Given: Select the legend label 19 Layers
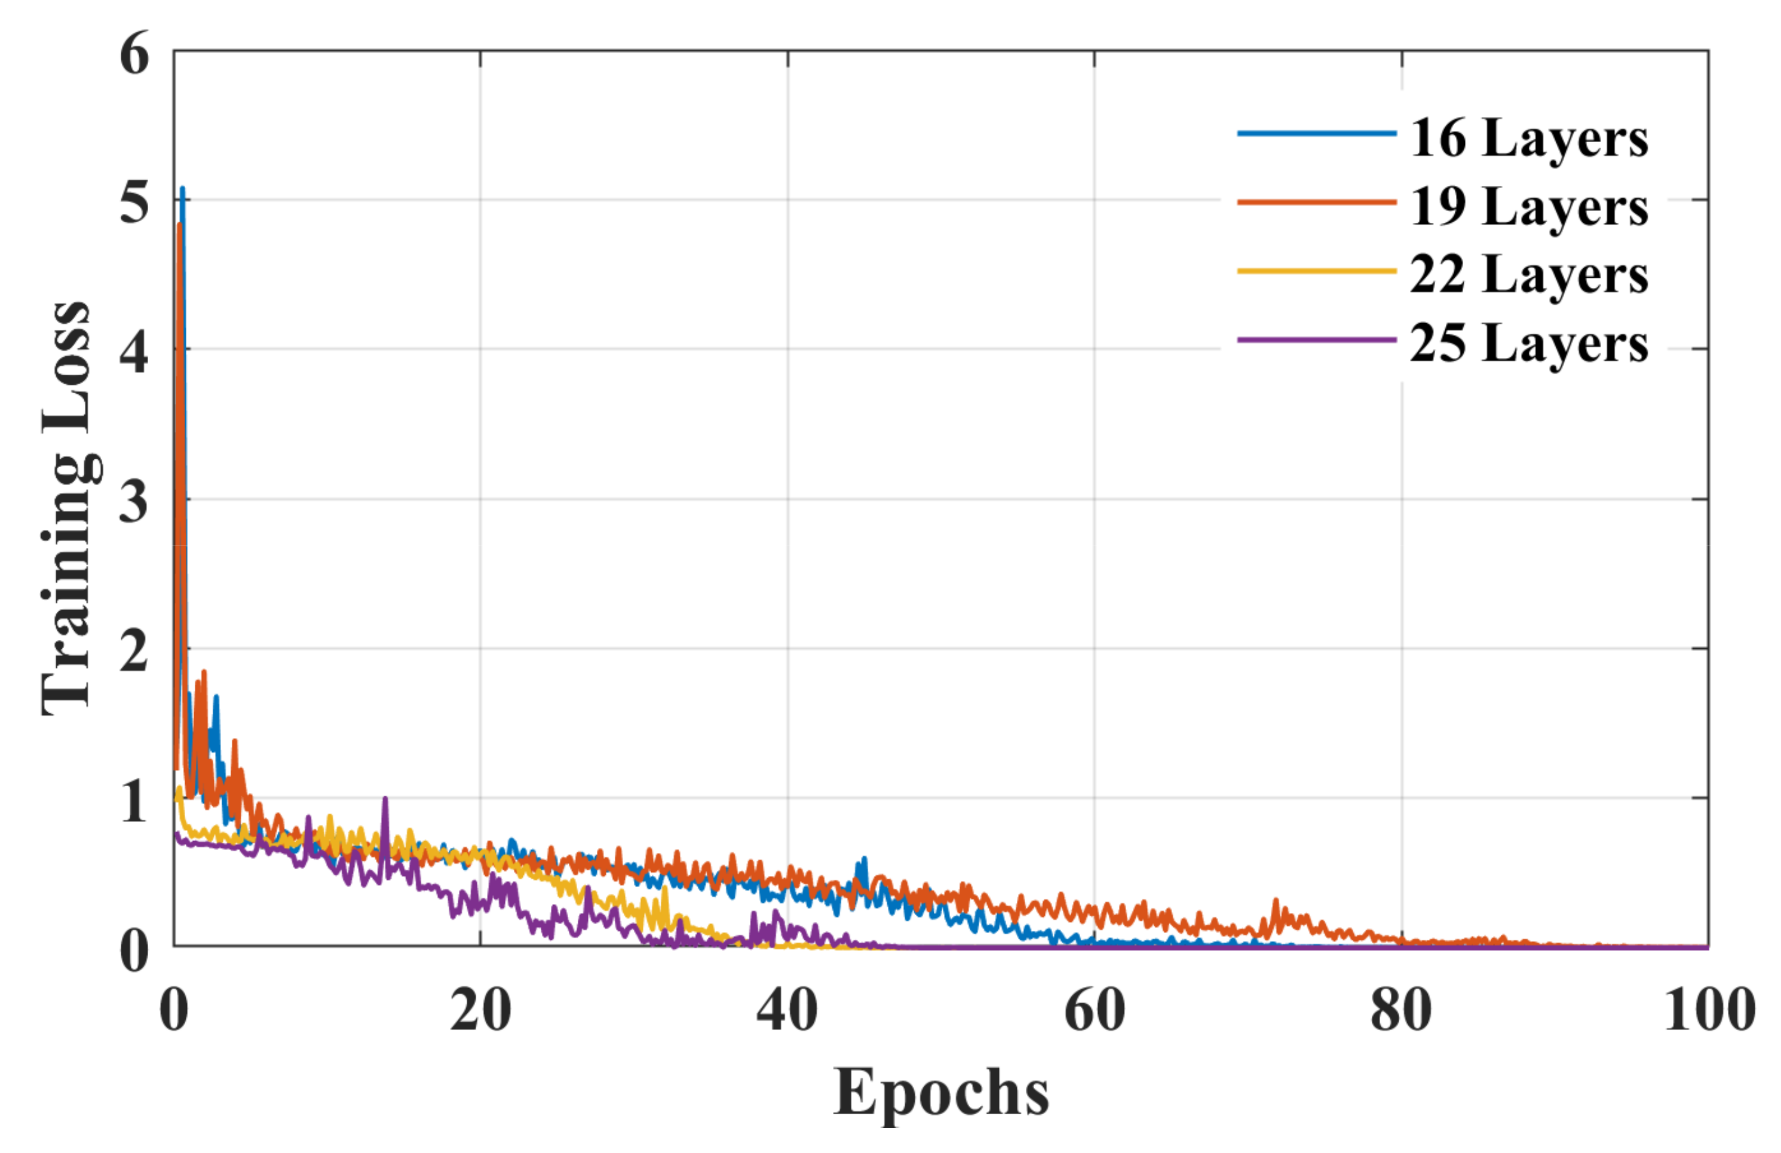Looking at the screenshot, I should click(1528, 207).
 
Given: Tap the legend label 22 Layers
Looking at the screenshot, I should click(1528, 275).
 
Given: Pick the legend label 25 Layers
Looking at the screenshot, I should click(1528, 344).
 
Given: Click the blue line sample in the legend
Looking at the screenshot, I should click(1316, 134).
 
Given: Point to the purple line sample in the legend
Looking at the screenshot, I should click(1316, 340).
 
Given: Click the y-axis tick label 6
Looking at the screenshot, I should click(134, 54).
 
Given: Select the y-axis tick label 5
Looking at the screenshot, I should click(134, 202).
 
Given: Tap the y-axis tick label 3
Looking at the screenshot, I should click(134, 501).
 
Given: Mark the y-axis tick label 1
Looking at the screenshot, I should click(134, 801).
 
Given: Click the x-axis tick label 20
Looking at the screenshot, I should click(480, 1010).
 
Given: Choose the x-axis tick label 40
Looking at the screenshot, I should click(787, 1010).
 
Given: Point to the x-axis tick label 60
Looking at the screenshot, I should click(1094, 1010).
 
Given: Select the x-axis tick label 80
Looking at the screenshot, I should click(1401, 1010).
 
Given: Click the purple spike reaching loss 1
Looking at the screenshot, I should click(385, 800).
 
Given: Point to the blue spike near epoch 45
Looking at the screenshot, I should click(865, 860).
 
